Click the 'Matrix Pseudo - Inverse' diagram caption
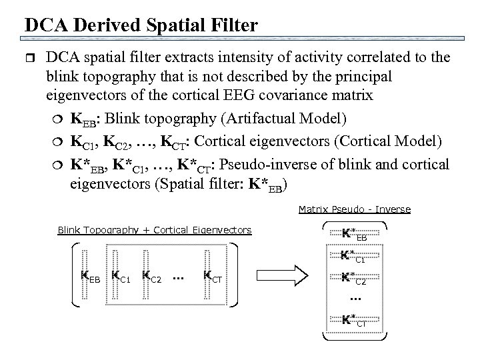tap(354, 209)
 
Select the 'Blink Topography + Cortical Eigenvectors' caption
tap(154, 230)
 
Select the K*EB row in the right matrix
tap(354, 234)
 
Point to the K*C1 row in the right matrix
tap(354, 255)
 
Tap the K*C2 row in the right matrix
tap(354, 277)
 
